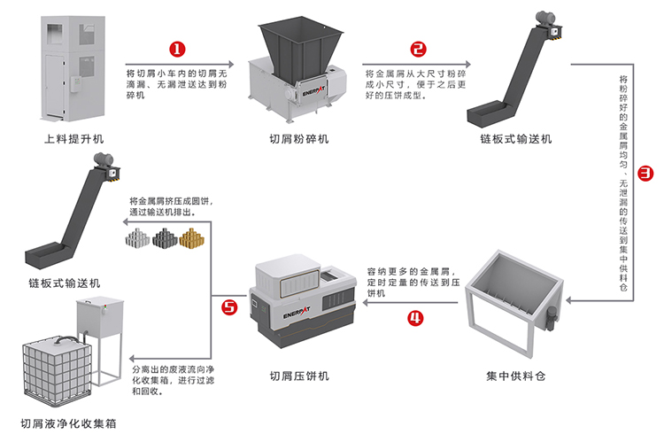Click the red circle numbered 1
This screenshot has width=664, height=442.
tap(178, 50)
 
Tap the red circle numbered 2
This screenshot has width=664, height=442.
tap(419, 50)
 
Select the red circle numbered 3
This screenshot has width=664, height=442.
tap(646, 174)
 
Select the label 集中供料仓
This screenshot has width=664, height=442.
tap(516, 375)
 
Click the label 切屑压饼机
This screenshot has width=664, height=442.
tap(299, 376)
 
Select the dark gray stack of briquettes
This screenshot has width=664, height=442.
tap(166, 237)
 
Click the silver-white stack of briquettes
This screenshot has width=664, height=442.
tap(137, 237)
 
